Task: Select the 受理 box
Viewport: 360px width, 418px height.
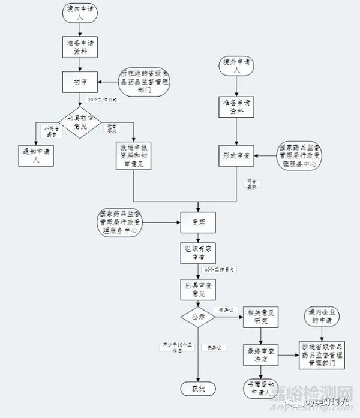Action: tap(199, 222)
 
